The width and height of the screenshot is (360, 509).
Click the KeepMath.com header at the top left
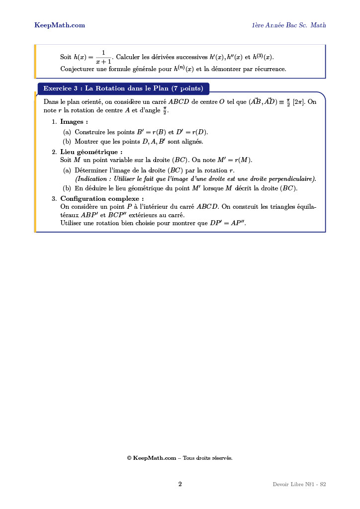click(x=59, y=25)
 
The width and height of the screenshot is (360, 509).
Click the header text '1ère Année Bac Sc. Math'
click(x=288, y=25)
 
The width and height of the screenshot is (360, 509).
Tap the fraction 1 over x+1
click(x=103, y=57)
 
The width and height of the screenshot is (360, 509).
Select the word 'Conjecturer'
click(x=77, y=69)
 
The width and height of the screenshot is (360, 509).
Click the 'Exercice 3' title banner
click(x=123, y=88)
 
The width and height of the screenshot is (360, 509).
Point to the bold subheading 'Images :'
click(x=74, y=121)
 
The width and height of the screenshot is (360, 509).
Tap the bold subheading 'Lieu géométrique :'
click(x=91, y=152)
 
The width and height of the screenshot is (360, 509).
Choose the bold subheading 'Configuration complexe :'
click(x=102, y=199)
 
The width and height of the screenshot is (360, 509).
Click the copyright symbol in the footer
click(x=129, y=458)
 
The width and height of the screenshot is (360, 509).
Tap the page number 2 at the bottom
click(x=180, y=484)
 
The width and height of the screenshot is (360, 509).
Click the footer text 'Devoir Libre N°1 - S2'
click(x=299, y=484)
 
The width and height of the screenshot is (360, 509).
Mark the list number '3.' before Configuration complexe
click(x=54, y=199)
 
